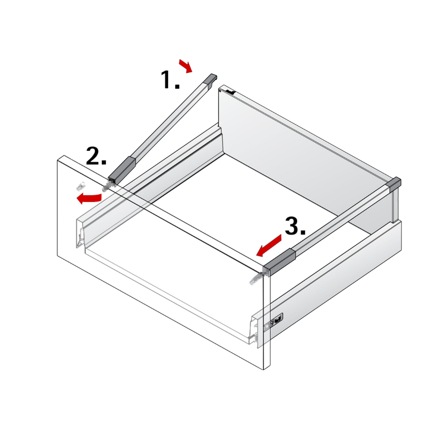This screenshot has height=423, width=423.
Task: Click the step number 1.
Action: point(170,80)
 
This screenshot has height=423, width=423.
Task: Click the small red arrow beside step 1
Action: point(186,66)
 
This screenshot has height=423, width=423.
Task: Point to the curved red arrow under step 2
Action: point(89,198)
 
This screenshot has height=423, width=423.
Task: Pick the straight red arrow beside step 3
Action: point(269,246)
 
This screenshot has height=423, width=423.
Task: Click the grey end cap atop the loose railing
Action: point(211,79)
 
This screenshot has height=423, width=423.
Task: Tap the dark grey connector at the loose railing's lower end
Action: point(122,170)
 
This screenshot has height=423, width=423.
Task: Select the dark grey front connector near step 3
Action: point(279,262)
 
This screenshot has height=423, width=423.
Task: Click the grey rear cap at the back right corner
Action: point(395,184)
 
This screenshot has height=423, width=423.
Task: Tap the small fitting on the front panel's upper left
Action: point(80,186)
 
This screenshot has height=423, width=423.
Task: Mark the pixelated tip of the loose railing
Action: point(106,186)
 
